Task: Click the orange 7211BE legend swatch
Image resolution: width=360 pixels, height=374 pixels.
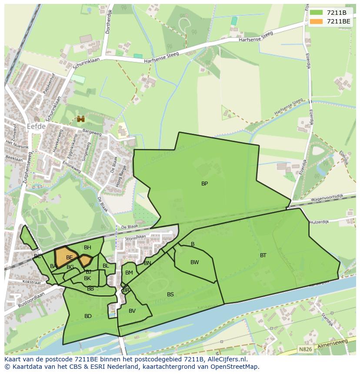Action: pos(317,21)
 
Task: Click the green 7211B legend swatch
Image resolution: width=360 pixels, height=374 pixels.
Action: pos(317,13)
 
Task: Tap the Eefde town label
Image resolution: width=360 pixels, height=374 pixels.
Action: pos(36,126)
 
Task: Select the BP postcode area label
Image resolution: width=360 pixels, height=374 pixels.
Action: pos(204,184)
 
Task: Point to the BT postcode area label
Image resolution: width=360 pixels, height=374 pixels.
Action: pos(263,255)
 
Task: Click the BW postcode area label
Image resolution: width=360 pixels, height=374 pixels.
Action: pos(194,262)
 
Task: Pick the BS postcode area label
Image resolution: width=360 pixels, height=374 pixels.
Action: pos(170,295)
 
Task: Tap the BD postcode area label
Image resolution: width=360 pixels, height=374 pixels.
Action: pos(88,316)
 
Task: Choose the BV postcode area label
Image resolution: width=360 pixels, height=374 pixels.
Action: pos(132,311)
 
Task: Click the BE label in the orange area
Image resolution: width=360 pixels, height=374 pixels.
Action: pos(69,258)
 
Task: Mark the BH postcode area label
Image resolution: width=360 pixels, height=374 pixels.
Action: pos(87,248)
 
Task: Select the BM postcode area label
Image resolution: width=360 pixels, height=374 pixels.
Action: pos(129,273)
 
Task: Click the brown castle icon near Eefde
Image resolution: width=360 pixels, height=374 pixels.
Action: pos(80,119)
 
